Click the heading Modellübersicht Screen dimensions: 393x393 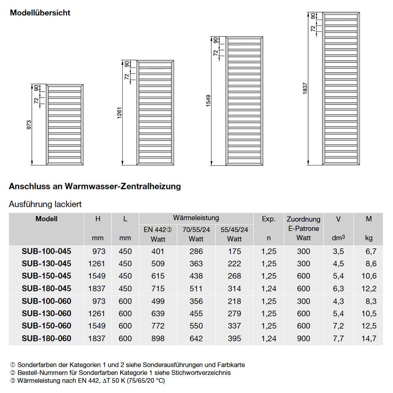[40, 13]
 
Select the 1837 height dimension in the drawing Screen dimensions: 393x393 [305, 88]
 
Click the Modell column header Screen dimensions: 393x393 [46, 219]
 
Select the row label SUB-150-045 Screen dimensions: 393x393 [46, 276]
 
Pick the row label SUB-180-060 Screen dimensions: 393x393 [46, 338]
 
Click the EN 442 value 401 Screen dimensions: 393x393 [158, 252]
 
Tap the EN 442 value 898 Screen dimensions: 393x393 [158, 338]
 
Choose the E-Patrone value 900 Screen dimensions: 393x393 [303, 338]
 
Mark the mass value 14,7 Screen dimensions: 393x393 [369, 338]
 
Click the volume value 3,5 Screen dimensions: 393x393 [338, 252]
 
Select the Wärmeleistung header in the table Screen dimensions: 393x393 [196, 218]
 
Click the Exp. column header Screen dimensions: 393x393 [268, 219]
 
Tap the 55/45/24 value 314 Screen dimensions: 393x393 [234, 289]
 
